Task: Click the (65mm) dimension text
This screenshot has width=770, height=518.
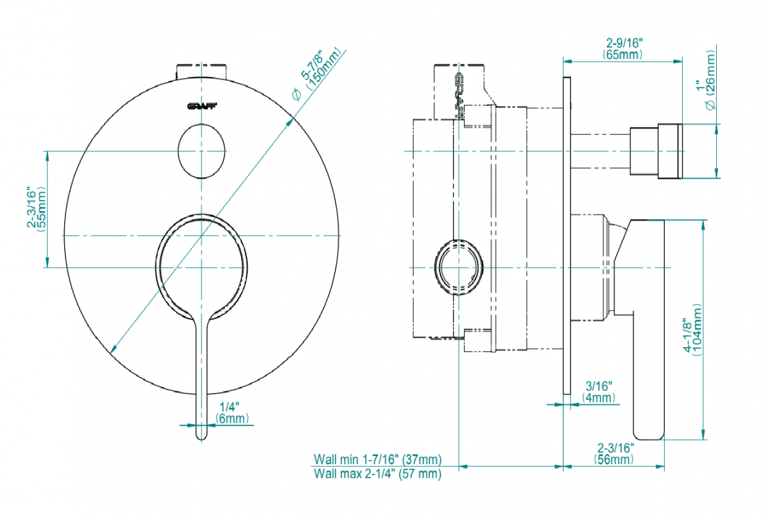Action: tap(623, 55)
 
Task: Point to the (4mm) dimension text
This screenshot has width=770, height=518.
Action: tap(599, 397)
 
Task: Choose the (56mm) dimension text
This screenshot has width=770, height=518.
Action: tap(615, 459)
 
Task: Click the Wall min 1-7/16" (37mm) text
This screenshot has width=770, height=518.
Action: tap(377, 460)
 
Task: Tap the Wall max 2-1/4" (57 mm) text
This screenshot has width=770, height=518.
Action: tap(377, 474)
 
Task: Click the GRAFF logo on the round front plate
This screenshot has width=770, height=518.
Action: tap(201, 107)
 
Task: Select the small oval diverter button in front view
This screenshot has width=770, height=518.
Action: tap(201, 151)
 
